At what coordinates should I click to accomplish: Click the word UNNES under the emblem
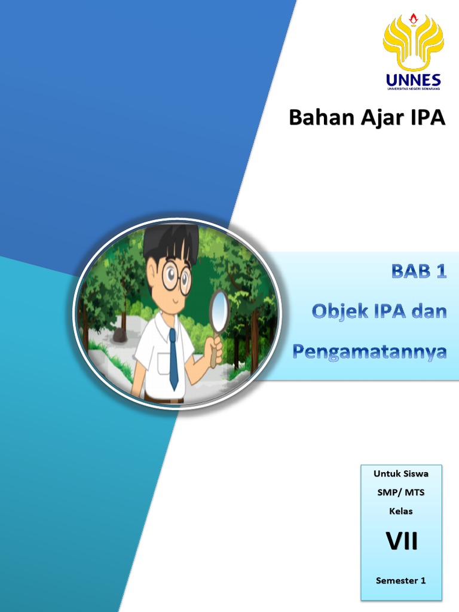click(x=413, y=79)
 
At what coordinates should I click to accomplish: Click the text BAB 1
click(x=419, y=272)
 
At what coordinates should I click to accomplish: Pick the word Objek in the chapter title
click(x=336, y=311)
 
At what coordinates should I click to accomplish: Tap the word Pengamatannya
click(x=369, y=351)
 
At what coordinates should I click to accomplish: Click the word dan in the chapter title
click(x=427, y=311)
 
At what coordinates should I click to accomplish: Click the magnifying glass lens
click(x=220, y=310)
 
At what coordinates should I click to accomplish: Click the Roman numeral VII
click(x=401, y=541)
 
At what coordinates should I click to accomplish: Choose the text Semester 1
click(x=401, y=580)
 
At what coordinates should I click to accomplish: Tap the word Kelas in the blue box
click(x=401, y=512)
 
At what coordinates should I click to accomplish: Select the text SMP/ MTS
click(x=401, y=492)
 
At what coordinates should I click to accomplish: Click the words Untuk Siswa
click(x=401, y=474)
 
